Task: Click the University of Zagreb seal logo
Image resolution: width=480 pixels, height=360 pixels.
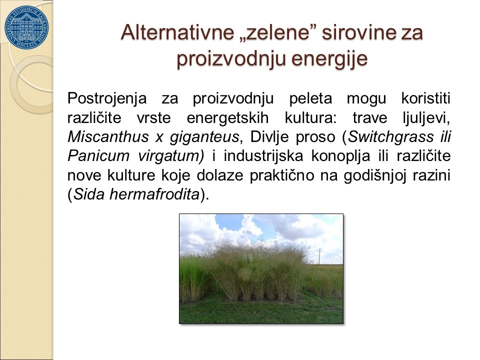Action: (26, 27)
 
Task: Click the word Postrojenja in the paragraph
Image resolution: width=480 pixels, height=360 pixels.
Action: (107, 99)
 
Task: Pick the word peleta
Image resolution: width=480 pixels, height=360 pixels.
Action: (310, 99)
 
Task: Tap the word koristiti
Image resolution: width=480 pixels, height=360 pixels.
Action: (426, 98)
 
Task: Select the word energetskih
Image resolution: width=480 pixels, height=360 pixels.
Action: (228, 118)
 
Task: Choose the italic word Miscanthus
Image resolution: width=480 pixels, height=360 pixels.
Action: (108, 137)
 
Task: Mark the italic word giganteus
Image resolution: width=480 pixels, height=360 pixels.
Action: (204, 137)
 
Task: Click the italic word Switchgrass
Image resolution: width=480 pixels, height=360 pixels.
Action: (391, 137)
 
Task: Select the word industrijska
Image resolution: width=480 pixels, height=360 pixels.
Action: (263, 156)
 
